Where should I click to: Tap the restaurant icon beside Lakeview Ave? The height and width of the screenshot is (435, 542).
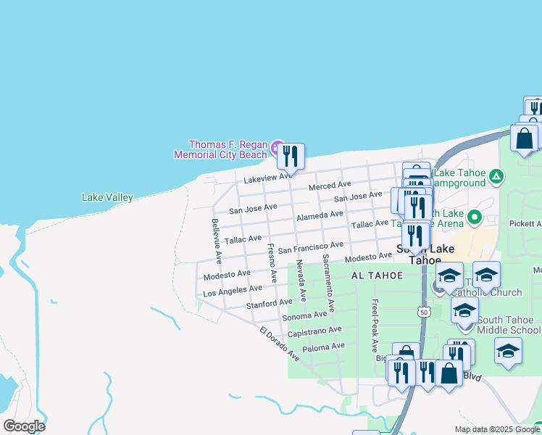(291, 156)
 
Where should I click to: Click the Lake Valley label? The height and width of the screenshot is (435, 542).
(107, 197)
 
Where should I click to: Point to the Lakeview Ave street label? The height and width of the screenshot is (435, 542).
(268, 177)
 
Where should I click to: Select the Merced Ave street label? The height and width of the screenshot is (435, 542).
(329, 186)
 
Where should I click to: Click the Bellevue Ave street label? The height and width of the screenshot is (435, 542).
(216, 240)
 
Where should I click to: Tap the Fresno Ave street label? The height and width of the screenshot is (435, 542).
(272, 262)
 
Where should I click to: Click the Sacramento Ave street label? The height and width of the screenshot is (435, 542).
(328, 283)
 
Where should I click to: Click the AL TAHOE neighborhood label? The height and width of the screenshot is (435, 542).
(372, 276)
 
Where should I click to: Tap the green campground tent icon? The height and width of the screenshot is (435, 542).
(496, 175)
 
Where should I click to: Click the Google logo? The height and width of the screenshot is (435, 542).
(24, 426)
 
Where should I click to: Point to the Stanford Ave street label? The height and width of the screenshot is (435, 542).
(269, 302)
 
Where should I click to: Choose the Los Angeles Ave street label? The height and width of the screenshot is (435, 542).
(233, 290)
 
